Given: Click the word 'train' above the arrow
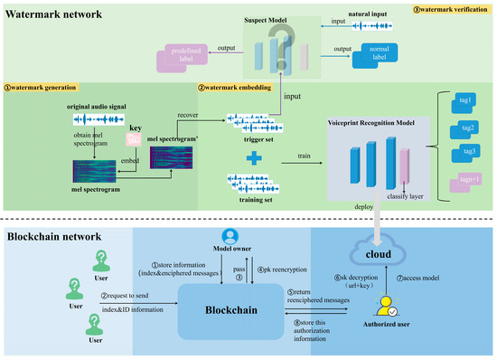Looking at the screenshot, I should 292,156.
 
